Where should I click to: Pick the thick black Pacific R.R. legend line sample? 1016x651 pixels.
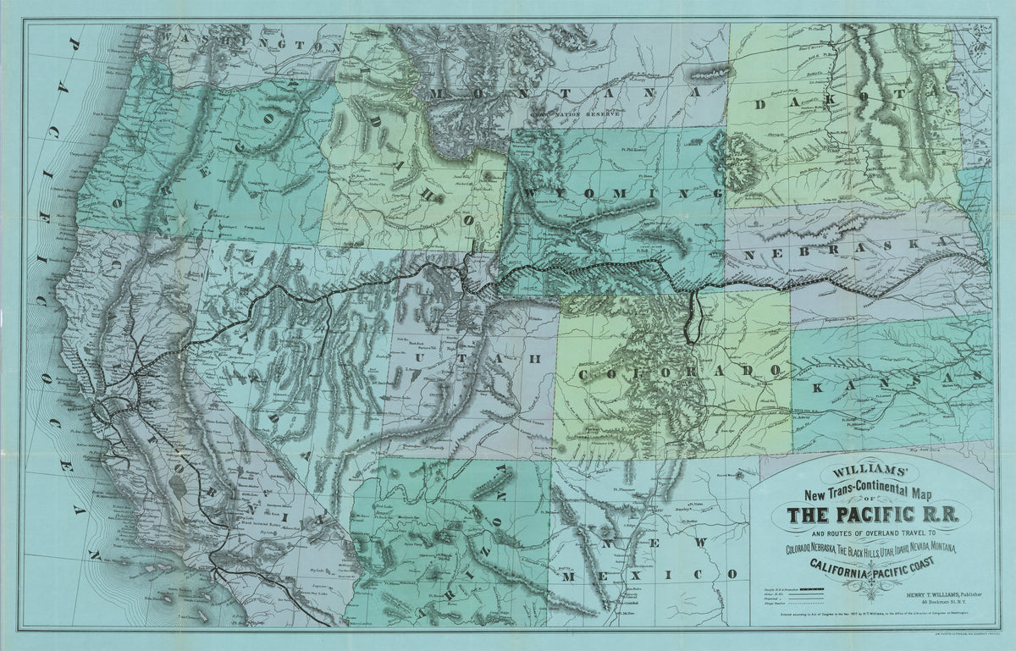click(810, 586)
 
